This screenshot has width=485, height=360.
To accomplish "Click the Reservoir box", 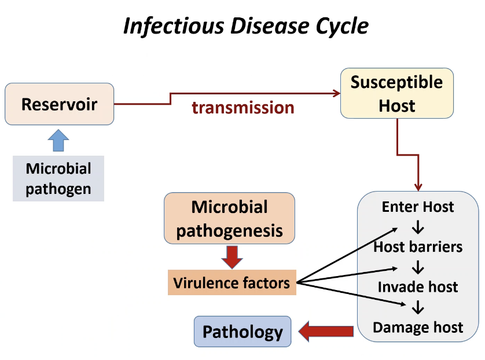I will click(59, 104).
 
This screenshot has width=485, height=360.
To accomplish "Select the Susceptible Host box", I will click(396, 94).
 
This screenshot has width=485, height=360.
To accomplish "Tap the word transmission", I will click(243, 108).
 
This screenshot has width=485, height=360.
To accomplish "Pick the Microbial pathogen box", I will click(58, 178).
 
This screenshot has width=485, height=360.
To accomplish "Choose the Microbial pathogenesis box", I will click(230, 218).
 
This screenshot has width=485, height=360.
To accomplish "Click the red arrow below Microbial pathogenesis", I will click(232, 256).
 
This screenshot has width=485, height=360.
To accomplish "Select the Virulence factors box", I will click(232, 283).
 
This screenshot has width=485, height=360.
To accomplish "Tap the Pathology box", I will click(242, 332).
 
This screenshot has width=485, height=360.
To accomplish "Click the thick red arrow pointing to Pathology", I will click(326, 332).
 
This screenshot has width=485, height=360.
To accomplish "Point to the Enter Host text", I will click(418, 207).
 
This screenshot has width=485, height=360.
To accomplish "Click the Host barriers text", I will click(418, 247).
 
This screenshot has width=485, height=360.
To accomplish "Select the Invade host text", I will click(418, 287).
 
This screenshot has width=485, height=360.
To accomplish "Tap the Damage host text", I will click(418, 328).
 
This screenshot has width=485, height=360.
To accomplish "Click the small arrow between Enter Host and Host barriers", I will click(418, 227).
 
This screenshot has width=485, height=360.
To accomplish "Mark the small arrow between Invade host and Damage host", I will click(418, 307).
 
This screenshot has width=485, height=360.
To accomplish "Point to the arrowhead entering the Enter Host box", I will click(418, 186).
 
